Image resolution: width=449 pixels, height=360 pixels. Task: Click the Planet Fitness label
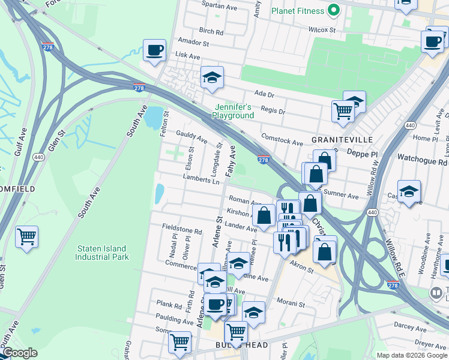pyautogui.click(x=298, y=11)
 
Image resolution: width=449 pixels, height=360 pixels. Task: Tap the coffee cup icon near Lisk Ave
pyautogui.click(x=154, y=50)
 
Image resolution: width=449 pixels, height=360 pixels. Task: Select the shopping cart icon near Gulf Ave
pyautogui.click(x=27, y=236)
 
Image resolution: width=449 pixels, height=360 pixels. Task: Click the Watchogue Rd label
pyautogui.click(x=422, y=162)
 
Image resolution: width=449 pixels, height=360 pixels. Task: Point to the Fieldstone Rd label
pyautogui.click(x=182, y=230)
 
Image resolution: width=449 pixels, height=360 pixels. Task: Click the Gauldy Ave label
pyautogui.click(x=191, y=137)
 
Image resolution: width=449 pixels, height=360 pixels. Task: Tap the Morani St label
pyautogui.click(x=292, y=304)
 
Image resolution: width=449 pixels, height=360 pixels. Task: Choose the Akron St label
pyautogui.click(x=303, y=270)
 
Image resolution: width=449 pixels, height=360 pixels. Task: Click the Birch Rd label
pyautogui.click(x=211, y=31)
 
